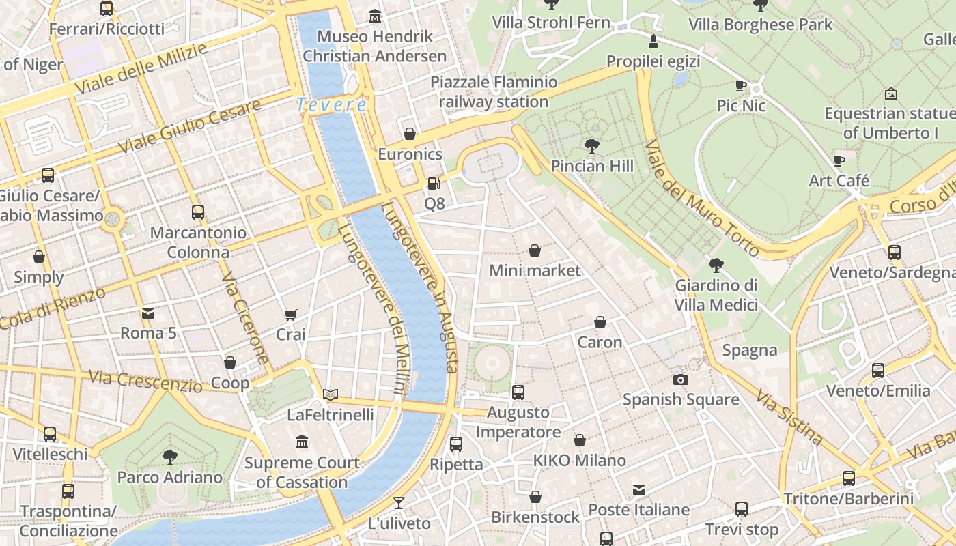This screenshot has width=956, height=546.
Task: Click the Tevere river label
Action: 332,105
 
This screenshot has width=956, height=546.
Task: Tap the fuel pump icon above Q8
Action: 434,184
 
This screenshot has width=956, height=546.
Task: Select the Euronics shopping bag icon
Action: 410,134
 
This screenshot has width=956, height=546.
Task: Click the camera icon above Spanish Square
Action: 680,379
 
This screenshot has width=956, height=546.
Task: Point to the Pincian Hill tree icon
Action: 592,145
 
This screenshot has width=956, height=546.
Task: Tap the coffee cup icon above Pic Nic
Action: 741,86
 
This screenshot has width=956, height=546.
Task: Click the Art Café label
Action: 839,181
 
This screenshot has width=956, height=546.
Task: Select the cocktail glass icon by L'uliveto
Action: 399,503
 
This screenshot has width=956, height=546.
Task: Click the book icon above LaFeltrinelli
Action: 331,394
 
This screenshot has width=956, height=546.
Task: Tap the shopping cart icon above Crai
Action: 291,315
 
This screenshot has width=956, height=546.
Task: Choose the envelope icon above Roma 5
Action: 148,313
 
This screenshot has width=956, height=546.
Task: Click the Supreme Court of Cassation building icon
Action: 302,442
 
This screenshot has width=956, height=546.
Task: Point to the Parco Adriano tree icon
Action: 170,457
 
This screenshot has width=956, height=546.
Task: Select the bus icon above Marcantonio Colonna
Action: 198,212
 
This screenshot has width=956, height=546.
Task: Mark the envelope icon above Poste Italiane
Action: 639,490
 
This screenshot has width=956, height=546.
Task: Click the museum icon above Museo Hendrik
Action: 375,16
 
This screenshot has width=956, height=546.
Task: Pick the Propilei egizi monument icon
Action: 653,41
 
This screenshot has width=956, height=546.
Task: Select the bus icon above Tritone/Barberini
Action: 849,478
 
